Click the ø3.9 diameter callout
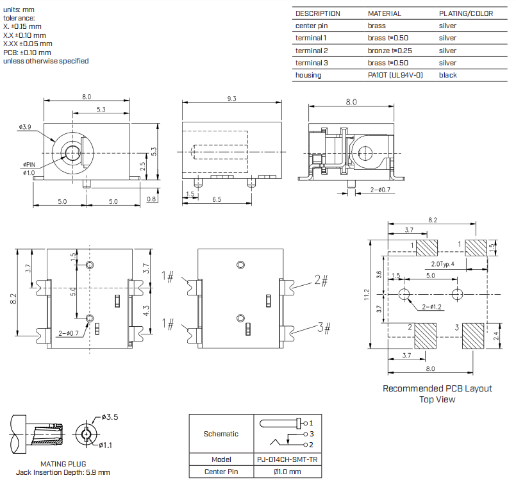(25, 127)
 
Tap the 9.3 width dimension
(231, 99)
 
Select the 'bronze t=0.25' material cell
(390, 51)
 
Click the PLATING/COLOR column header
(465, 13)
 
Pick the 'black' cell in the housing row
(447, 75)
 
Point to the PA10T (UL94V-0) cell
(395, 75)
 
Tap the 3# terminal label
(324, 327)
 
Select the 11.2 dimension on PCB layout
(367, 295)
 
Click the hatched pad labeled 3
(473, 336)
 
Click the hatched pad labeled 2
(425, 336)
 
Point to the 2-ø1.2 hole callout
(431, 307)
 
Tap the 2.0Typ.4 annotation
(443, 264)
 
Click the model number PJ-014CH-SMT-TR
(287, 459)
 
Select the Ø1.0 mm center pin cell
(287, 472)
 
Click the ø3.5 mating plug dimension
(110, 417)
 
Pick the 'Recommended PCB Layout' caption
(437, 388)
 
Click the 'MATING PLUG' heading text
(63, 464)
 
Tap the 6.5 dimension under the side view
(217, 199)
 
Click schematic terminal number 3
(312, 434)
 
